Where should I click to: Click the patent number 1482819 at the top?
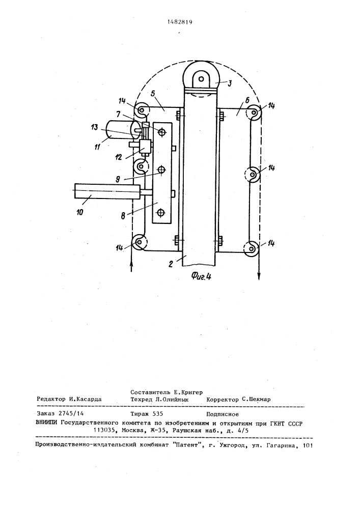180,22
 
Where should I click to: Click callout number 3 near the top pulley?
230,83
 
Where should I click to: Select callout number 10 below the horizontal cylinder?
80,212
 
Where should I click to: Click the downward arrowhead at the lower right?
259,276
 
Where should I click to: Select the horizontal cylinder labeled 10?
107,190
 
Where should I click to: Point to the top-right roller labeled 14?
253,112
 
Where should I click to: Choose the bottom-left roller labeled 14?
139,242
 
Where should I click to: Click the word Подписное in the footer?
223,414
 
